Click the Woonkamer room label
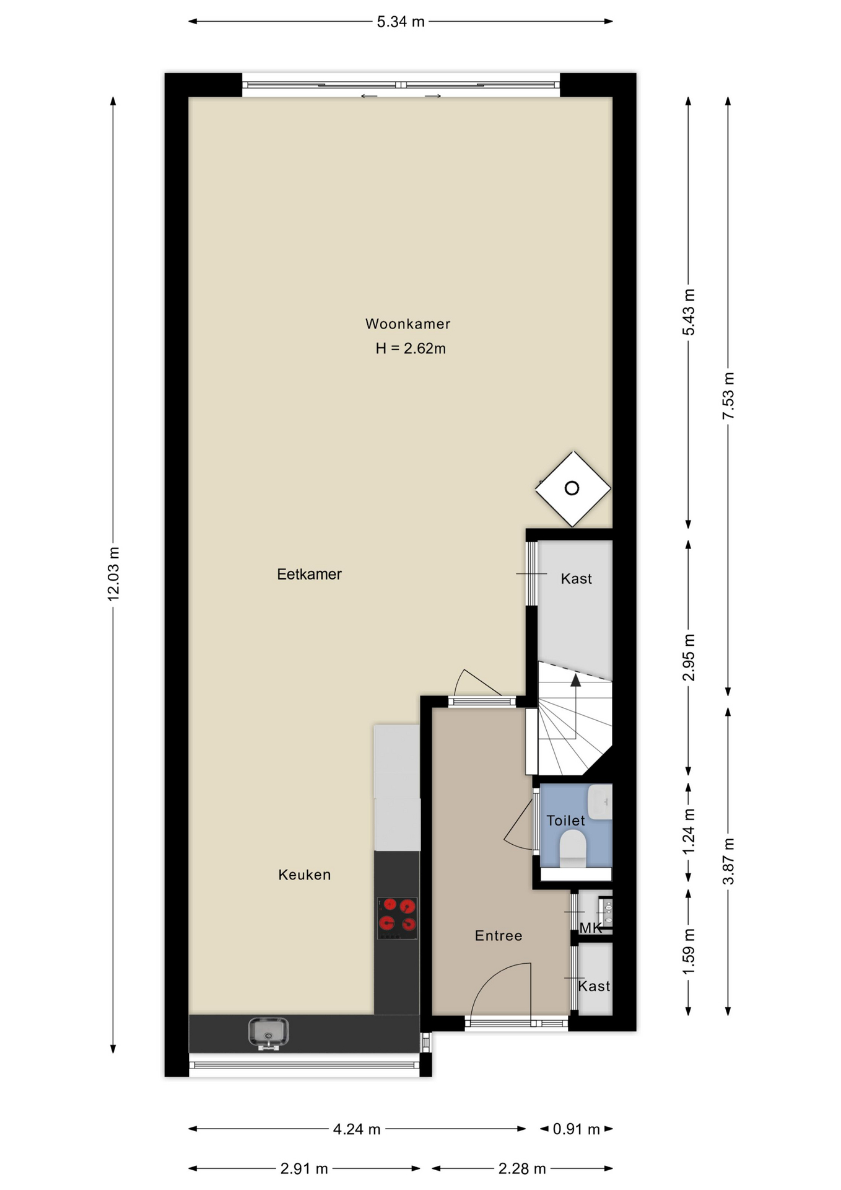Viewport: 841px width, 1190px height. click(x=407, y=324)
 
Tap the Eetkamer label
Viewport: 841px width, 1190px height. click(x=309, y=574)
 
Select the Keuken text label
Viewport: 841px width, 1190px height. click(x=304, y=875)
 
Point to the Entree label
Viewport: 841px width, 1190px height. click(x=499, y=935)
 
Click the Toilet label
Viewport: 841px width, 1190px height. click(x=565, y=821)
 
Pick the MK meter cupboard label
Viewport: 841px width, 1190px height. click(x=591, y=928)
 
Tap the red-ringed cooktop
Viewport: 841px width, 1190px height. click(x=397, y=918)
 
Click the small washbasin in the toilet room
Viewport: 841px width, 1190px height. click(x=599, y=801)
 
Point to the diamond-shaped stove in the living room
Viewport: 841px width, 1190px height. click(x=573, y=489)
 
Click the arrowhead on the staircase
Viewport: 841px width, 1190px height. click(x=576, y=681)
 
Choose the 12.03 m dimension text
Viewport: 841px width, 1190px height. click(x=113, y=573)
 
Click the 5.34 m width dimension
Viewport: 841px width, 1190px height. click(x=401, y=22)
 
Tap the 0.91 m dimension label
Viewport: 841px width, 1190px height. click(x=576, y=1129)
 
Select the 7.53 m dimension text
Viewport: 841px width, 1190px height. click(x=728, y=395)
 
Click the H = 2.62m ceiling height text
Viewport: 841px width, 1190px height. click(x=411, y=348)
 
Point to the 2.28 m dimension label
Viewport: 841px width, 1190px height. click(x=522, y=1169)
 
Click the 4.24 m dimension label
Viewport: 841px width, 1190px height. click(x=357, y=1129)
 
